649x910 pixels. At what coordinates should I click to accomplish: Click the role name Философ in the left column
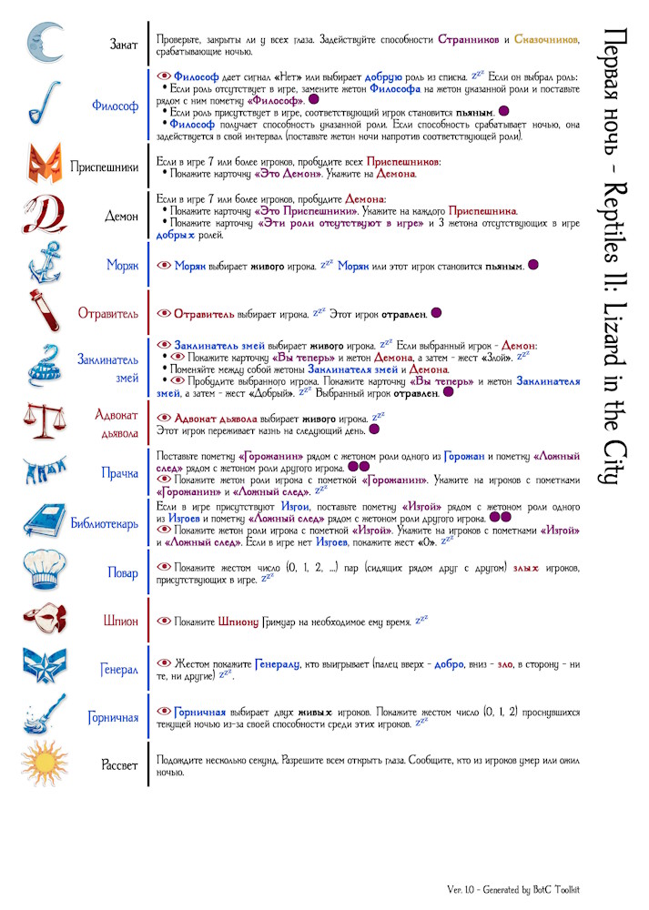point(115,106)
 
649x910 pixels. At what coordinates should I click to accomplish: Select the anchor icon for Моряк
point(44,265)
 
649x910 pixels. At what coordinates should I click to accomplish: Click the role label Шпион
point(121,621)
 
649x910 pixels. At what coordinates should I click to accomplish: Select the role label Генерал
point(119,670)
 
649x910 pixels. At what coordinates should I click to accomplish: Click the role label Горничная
point(113,718)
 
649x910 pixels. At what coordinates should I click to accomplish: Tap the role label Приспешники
point(105,167)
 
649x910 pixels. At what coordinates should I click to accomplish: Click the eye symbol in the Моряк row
point(164,266)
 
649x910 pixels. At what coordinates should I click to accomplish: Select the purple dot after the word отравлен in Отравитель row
point(436,313)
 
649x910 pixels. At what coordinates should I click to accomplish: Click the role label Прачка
point(119,473)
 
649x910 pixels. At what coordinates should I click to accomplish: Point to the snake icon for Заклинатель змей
point(44,367)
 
